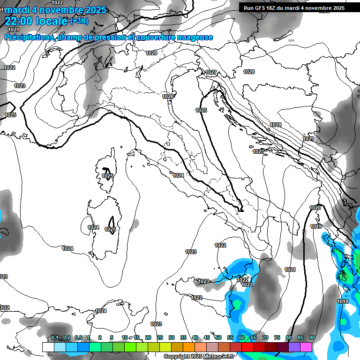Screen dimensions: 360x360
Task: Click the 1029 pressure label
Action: (308, 139)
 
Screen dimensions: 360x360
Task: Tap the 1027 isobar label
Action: (211, 72)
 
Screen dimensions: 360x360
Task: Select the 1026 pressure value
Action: (168, 97)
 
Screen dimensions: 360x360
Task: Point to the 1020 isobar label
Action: (315, 208)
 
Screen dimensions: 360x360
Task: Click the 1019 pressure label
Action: (316, 227)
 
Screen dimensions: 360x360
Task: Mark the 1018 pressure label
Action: (343, 301)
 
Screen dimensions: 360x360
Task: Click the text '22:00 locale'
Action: (36, 21)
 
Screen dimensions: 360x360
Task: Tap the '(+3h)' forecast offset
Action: (78, 21)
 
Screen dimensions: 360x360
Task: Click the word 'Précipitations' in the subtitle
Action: (30, 37)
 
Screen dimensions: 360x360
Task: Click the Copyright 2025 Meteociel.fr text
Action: (205, 357)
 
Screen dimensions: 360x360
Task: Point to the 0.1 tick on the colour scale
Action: (55, 337)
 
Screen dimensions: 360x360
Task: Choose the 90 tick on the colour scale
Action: (312, 337)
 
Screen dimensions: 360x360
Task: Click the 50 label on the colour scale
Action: (218, 337)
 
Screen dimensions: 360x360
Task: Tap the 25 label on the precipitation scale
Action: (159, 337)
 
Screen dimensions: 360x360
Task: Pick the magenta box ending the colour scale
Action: (306, 347)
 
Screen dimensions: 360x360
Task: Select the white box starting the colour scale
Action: (48, 347)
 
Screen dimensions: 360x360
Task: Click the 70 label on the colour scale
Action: (265, 337)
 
